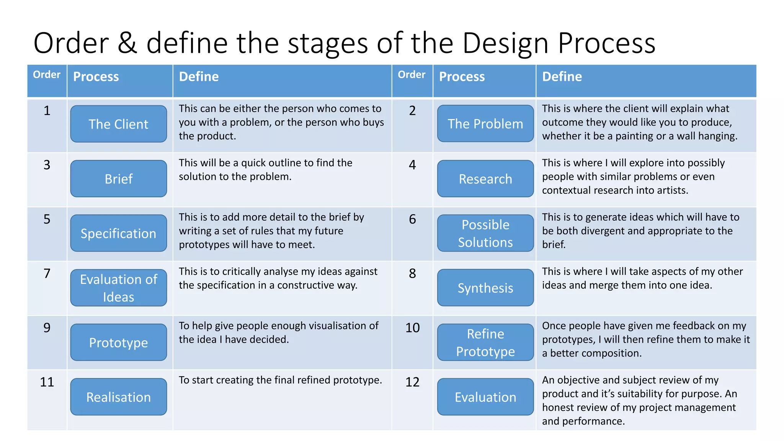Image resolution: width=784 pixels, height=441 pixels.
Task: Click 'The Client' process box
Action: tap(118, 124)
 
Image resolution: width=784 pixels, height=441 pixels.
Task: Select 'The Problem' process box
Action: tap(485, 124)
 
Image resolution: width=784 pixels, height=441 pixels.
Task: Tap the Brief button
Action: tap(118, 179)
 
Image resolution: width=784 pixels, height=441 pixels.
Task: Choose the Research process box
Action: tap(485, 179)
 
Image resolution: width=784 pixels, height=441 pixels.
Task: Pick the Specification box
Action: tap(118, 233)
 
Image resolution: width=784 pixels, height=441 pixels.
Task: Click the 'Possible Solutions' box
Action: tap(485, 233)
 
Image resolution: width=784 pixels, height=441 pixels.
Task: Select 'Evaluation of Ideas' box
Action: tap(118, 288)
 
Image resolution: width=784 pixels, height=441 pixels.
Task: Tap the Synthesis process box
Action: tap(485, 288)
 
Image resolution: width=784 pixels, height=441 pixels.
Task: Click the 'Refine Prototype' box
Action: tap(485, 342)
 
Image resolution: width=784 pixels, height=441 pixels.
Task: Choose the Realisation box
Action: tap(118, 397)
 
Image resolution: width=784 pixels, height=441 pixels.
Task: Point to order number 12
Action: tap(412, 382)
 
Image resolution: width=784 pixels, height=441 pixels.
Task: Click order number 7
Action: tap(47, 274)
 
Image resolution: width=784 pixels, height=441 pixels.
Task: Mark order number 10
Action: tap(412, 328)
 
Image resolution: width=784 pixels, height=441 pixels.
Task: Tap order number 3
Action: tap(47, 165)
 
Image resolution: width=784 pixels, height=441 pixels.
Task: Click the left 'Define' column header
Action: tap(199, 77)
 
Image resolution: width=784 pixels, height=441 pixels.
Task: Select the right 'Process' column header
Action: tap(462, 77)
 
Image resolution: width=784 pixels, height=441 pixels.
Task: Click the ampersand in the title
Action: tap(127, 43)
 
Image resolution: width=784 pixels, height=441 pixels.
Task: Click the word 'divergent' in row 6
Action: tap(601, 231)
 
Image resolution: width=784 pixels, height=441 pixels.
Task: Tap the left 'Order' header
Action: tap(47, 75)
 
